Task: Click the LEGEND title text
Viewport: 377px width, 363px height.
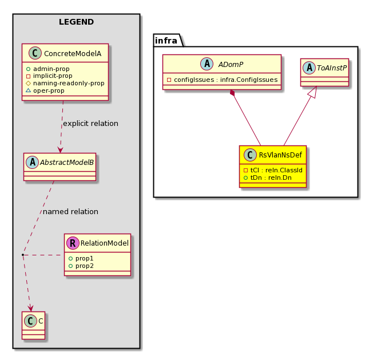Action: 76,22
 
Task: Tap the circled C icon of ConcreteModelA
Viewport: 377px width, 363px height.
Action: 35,53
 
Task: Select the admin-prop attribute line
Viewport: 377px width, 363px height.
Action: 48,69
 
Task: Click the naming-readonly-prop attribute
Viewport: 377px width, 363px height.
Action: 65,83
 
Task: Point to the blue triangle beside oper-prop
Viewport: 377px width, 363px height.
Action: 28,90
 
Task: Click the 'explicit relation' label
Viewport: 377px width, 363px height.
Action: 90,124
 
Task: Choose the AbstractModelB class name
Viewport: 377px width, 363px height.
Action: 67,163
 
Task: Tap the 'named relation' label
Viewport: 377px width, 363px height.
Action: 70,212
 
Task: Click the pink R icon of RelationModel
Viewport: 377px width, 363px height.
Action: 73,243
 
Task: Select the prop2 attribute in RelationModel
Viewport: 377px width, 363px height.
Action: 81,266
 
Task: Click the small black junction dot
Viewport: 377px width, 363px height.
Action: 23,255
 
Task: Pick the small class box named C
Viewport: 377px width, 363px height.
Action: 33,325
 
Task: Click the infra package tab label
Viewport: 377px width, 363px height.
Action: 166,41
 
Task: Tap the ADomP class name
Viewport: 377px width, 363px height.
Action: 231,65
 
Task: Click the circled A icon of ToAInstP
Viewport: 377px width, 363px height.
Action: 309,68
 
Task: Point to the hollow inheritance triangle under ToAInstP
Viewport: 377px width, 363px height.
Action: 313,92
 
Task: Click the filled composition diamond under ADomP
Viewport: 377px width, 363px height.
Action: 232,93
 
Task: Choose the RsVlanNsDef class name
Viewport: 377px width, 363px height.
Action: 280,155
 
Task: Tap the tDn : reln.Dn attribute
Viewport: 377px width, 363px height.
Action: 268,177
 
